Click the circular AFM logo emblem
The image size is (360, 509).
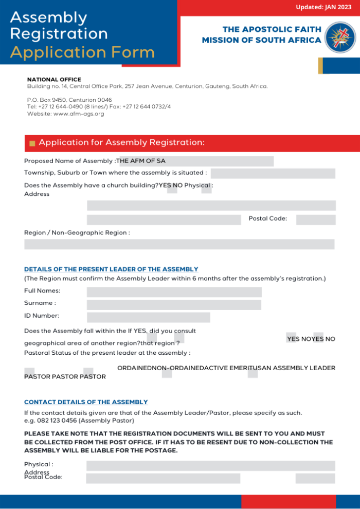[x=340, y=37]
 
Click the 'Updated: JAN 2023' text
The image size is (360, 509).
[x=323, y=7]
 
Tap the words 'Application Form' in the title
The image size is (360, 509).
[x=82, y=52]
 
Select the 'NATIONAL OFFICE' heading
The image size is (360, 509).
[x=54, y=80]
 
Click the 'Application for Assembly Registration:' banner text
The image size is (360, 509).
[x=122, y=142]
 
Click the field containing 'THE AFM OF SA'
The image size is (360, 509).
[x=196, y=161]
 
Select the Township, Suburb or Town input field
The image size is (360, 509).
[x=273, y=173]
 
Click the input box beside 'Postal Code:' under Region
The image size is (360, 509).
[x=316, y=220]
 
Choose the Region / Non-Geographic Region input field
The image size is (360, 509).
[x=179, y=244]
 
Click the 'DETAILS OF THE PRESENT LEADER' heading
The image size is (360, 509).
[x=111, y=269]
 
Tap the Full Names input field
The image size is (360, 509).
[x=174, y=292]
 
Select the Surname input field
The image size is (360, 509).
[x=174, y=305]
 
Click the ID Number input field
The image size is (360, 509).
[x=148, y=317]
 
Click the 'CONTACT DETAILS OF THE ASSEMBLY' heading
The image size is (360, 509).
[x=86, y=402]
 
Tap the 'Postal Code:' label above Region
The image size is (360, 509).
[x=267, y=219]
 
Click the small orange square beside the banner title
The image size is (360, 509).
[x=32, y=143]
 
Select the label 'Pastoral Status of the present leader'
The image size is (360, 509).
[x=107, y=353]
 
